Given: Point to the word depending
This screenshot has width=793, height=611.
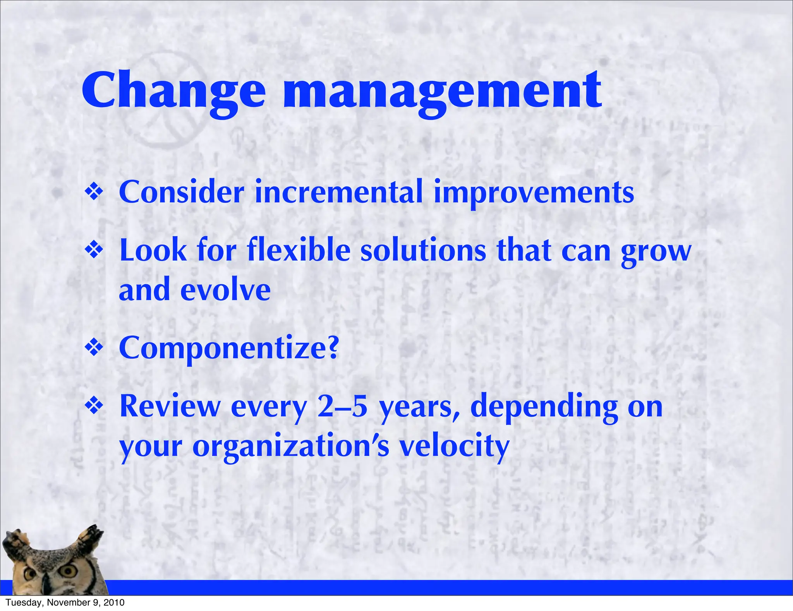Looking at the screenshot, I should coord(544,407).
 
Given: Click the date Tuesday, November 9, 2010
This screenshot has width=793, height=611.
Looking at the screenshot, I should coord(65,602).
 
